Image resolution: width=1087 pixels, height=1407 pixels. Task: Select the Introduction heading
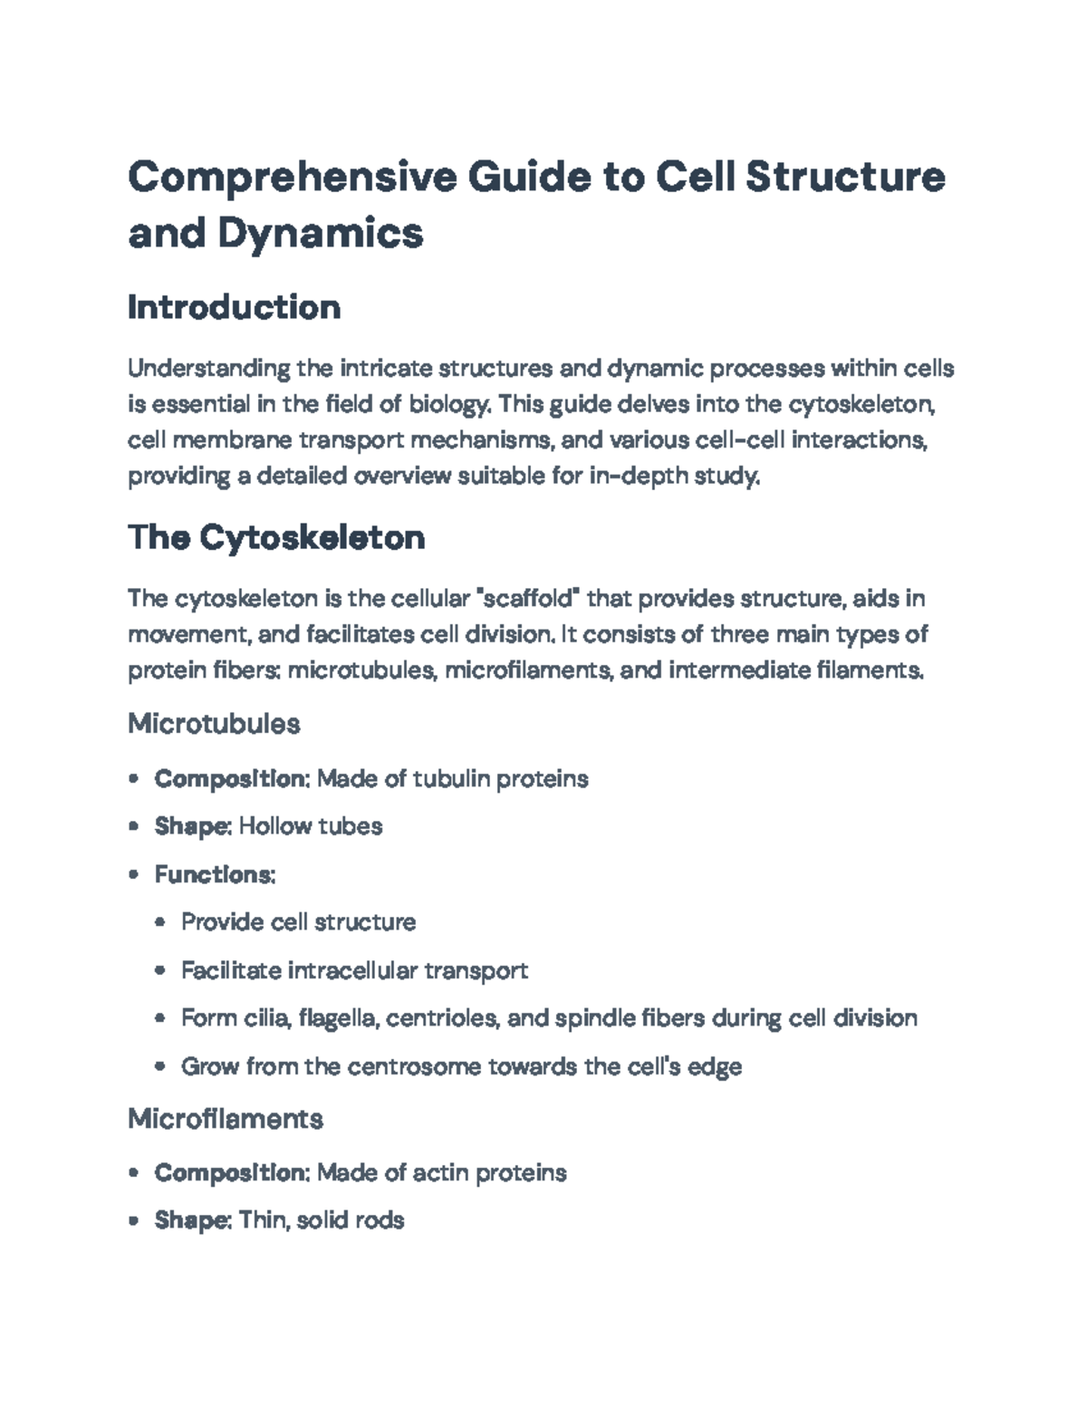point(234,307)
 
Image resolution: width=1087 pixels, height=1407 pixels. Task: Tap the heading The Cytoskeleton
point(276,537)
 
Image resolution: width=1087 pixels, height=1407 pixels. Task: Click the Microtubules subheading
point(214,723)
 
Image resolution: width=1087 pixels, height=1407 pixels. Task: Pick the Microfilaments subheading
point(226,1119)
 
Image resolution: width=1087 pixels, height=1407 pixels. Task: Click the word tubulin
point(450,778)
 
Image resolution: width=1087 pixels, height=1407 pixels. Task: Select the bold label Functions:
point(215,874)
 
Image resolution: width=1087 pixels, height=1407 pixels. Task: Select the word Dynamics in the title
point(320,233)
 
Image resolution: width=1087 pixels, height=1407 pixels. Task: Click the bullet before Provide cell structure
point(160,922)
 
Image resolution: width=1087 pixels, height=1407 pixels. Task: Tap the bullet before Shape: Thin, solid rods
point(134,1220)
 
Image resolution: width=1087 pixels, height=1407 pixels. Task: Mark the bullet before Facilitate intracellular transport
point(160,970)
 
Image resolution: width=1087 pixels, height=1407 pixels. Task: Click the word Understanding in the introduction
point(209,369)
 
